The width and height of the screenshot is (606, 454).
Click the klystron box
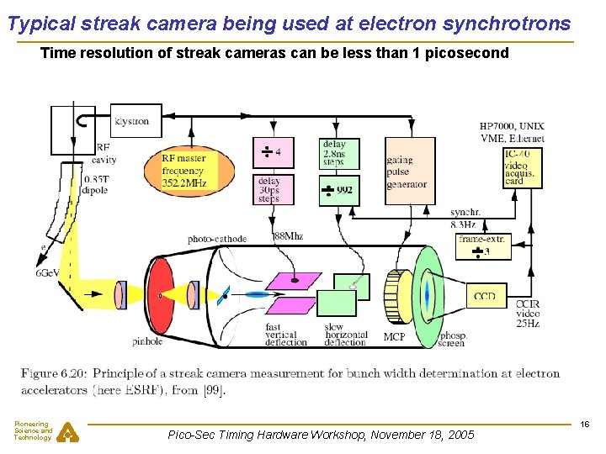(x=131, y=121)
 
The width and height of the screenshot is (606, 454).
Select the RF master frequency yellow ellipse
(x=183, y=171)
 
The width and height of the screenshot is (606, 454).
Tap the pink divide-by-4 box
(x=274, y=153)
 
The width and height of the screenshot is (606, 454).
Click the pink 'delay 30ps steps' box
(x=274, y=188)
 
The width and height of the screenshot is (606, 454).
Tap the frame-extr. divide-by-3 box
(x=484, y=246)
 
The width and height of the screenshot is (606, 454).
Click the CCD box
(x=485, y=296)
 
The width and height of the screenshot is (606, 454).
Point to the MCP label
(x=394, y=337)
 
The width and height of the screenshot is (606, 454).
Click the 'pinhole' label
(x=147, y=341)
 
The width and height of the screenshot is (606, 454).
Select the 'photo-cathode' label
(x=217, y=239)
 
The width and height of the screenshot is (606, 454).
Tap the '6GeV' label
(x=47, y=273)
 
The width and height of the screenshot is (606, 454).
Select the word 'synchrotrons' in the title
(x=508, y=24)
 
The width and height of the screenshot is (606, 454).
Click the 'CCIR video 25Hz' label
(x=528, y=314)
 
